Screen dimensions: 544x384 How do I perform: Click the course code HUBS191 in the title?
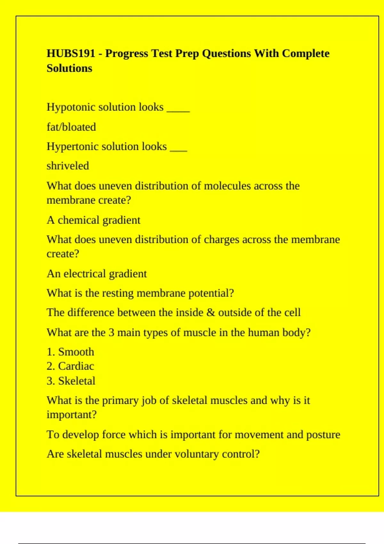(x=71, y=53)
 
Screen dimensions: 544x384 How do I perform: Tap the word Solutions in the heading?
(x=69, y=68)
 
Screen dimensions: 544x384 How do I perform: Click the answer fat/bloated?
(x=71, y=127)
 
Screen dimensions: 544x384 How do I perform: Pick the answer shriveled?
(x=68, y=166)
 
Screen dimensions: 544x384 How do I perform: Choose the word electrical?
(x=84, y=274)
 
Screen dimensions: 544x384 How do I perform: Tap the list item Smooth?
(x=76, y=352)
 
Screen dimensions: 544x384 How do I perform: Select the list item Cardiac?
(x=76, y=366)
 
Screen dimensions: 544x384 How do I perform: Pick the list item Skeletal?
(x=77, y=381)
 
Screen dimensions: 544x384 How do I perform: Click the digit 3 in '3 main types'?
(x=111, y=333)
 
